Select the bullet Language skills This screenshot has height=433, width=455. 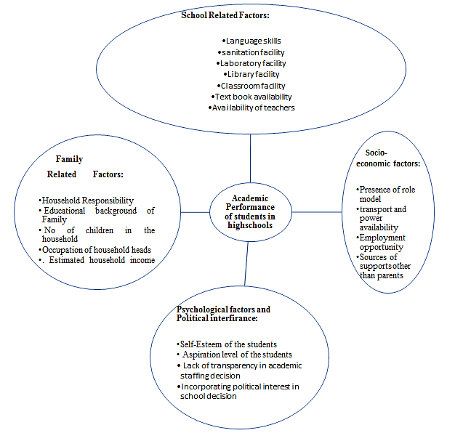tap(250, 41)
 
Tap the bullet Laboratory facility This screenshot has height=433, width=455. tap(250, 63)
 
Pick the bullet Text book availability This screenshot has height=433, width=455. tap(250, 97)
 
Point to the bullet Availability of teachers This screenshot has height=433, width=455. tap(251, 108)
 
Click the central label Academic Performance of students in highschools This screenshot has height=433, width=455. tap(249, 211)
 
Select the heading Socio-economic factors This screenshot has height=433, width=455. tap(392, 158)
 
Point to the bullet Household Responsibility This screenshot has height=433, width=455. tap(86, 200)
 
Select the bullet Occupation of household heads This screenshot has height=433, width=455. tap(95, 250)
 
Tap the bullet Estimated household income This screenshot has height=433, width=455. tap(98, 260)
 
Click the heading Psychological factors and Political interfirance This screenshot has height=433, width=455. tap(223, 314)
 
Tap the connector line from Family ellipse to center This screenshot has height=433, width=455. tap(195, 212)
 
